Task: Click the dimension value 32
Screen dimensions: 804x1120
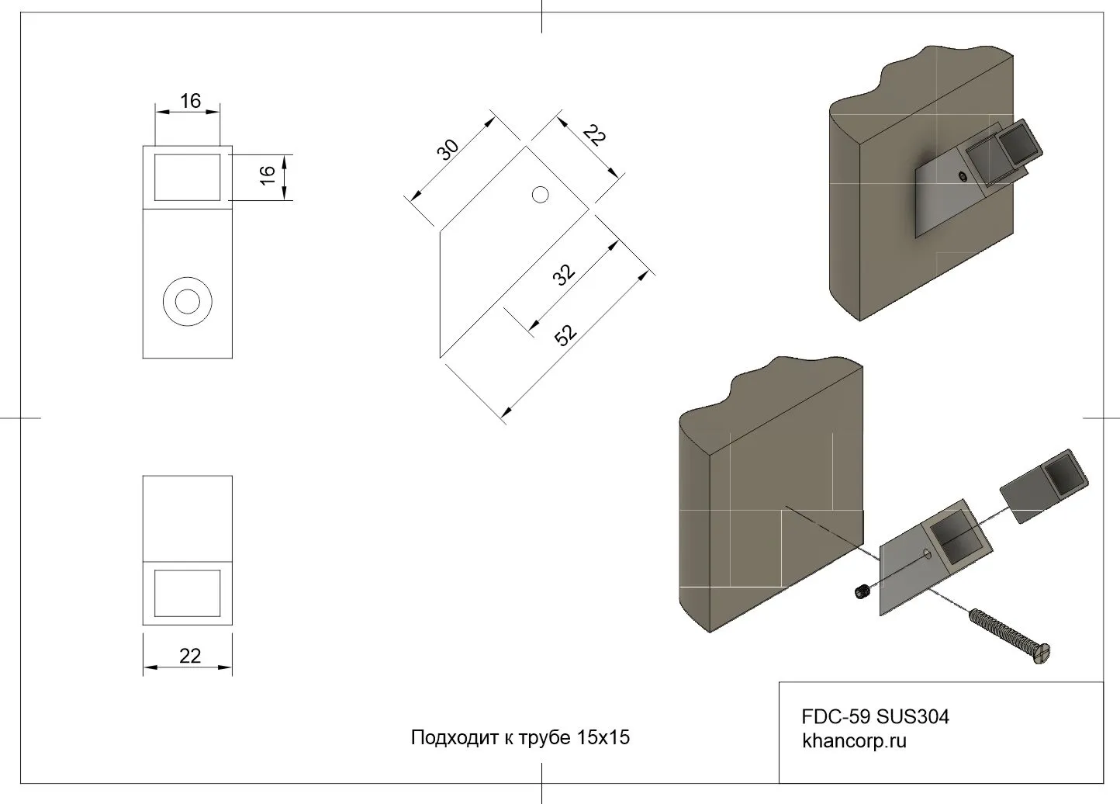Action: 565,274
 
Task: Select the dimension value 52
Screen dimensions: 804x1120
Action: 566,334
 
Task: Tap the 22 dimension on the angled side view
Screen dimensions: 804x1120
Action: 594,137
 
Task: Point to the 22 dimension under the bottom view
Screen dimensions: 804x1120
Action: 190,656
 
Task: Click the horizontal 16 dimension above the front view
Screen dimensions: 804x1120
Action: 190,101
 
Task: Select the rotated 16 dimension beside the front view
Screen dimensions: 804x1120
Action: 268,174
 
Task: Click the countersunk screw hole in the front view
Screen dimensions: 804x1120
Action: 187,300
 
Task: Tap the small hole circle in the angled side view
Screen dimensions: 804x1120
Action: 540,194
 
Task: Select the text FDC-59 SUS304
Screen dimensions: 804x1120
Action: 875,716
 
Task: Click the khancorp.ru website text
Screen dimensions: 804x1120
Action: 854,741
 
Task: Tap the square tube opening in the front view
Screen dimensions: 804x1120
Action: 187,177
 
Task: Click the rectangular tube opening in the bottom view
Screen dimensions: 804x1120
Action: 187,593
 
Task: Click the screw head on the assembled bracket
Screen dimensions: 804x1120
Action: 963,177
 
